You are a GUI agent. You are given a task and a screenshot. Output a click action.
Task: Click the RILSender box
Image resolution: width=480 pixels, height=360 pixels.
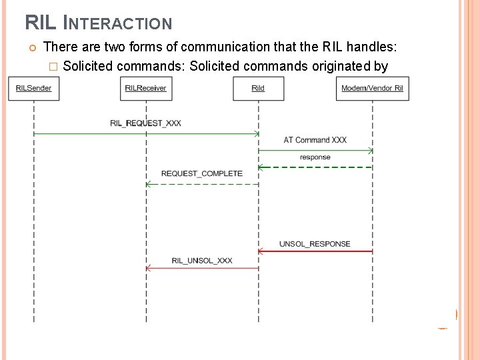click(x=33, y=88)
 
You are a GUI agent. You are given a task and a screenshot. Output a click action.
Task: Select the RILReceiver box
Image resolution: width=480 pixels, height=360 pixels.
click(x=146, y=88)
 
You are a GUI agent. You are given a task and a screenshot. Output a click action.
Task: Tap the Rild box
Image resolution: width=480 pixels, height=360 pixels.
click(x=258, y=88)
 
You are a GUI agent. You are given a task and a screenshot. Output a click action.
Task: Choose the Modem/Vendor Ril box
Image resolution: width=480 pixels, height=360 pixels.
click(x=372, y=88)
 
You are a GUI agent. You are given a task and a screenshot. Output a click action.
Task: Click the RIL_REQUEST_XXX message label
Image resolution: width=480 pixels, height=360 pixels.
click(x=145, y=123)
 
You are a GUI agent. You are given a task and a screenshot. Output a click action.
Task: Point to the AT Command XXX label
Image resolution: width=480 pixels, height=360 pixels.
click(x=315, y=140)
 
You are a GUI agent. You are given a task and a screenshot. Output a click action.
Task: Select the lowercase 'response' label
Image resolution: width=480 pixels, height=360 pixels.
click(x=315, y=157)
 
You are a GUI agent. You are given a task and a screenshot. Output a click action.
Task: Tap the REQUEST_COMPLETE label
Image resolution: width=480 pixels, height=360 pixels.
click(x=201, y=173)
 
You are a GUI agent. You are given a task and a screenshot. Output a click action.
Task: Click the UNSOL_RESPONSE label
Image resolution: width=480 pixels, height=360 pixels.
click(x=315, y=244)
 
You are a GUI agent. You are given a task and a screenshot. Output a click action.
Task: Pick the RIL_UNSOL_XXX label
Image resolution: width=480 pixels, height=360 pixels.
click(x=201, y=261)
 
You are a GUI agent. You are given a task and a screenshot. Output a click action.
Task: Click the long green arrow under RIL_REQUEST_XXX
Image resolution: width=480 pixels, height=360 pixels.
click(x=145, y=134)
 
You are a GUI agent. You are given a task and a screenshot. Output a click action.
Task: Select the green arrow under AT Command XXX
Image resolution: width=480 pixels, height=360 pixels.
click(x=315, y=150)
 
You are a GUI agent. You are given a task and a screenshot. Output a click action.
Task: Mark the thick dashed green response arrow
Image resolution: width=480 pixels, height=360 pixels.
click(x=315, y=167)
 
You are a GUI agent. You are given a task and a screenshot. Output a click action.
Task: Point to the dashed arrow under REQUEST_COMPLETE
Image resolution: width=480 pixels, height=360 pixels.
click(x=201, y=184)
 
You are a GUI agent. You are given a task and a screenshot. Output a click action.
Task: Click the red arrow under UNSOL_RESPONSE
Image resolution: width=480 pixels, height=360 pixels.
click(x=315, y=251)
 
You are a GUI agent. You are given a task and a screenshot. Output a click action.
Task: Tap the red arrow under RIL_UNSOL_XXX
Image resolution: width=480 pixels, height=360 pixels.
click(x=201, y=268)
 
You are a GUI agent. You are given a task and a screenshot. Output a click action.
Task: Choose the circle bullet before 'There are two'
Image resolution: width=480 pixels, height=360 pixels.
click(x=31, y=47)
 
